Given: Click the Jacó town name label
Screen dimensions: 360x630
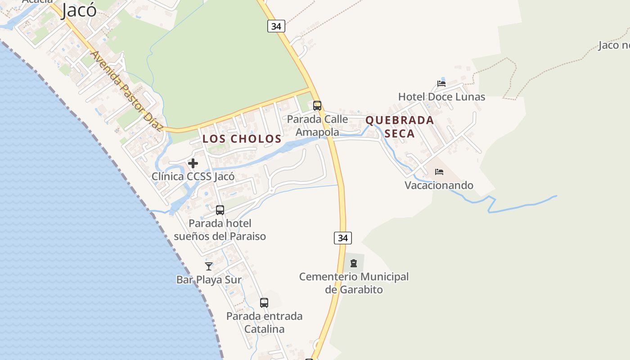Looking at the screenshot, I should pos(79,10).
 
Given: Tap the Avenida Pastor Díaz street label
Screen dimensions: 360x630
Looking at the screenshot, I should pos(126,90).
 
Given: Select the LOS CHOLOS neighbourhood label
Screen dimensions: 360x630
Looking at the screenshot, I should pos(242,139).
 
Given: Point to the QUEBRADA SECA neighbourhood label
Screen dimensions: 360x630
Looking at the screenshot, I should pos(400,127).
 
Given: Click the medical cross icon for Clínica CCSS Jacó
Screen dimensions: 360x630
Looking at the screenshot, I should pos(193,163).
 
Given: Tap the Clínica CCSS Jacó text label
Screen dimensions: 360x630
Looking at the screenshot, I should pos(193,176).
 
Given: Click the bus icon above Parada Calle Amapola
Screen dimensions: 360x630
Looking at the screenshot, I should pos(317,106).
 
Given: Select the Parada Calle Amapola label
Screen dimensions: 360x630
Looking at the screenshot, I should pos(317,126).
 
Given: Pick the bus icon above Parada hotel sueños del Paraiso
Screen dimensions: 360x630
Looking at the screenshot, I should pos(220,210).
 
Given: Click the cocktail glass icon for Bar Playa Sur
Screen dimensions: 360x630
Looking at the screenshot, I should pos(209,266).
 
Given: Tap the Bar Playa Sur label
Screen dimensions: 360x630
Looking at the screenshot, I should pos(209,279).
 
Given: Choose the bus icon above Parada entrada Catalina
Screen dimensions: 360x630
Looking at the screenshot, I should pos(264,303).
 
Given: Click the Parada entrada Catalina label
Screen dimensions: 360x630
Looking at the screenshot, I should pos(264,323).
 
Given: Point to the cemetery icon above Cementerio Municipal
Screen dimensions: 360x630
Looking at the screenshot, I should pos(354,263).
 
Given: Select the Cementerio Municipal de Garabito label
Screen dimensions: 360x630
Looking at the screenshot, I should pos(354,283).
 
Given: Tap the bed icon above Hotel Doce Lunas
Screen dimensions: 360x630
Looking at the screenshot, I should pos(441,84).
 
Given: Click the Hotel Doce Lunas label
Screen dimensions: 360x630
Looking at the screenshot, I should pos(441,97).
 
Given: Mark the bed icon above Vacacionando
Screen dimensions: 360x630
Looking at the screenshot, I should pos(439,172).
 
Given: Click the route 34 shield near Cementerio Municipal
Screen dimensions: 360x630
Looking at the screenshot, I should pos(343,238).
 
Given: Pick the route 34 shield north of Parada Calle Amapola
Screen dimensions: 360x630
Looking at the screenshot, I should pos(276,26).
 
